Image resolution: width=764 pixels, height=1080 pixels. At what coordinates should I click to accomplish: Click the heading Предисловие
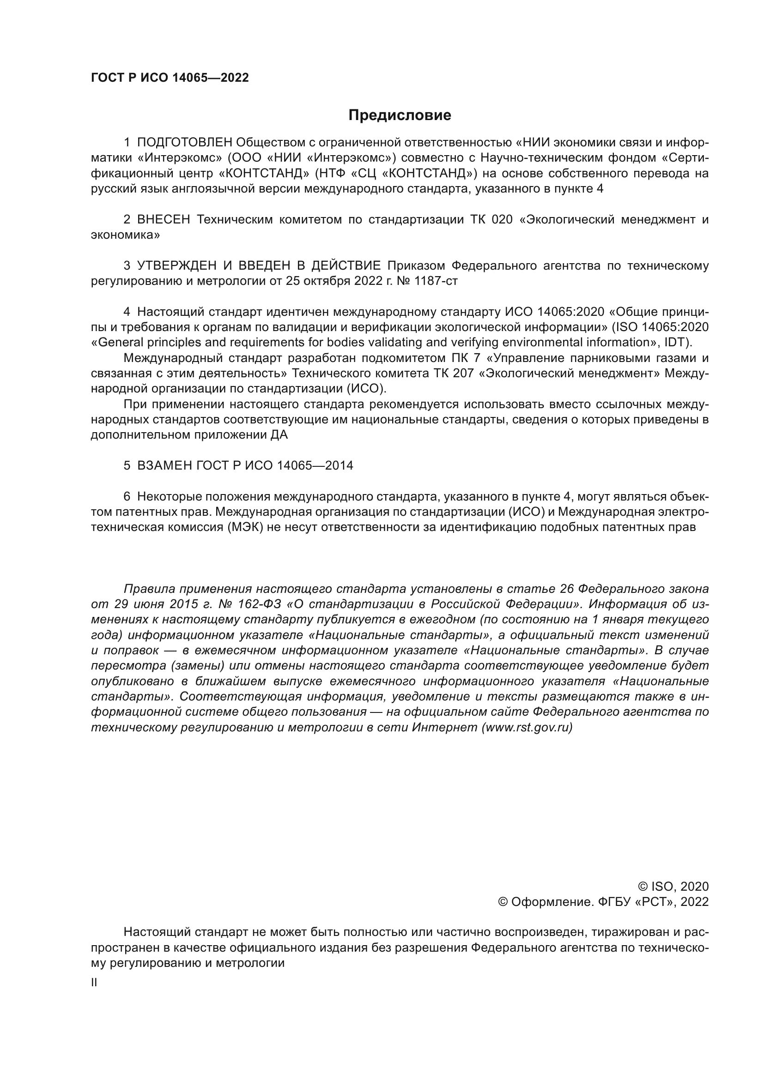pos(400,115)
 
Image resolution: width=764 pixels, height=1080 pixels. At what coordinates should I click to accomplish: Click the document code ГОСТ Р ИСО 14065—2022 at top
pos(170,78)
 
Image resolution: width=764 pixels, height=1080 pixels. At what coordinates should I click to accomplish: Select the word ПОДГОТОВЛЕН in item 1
pos(184,143)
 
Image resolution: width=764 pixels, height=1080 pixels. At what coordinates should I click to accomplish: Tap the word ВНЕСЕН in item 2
pos(163,220)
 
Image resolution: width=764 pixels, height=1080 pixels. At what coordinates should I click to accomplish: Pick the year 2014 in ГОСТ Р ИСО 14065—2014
pos(339,466)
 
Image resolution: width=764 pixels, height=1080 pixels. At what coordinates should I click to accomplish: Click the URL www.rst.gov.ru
pos(527,728)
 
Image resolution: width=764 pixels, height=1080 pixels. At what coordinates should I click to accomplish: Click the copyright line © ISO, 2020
pos(673,887)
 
